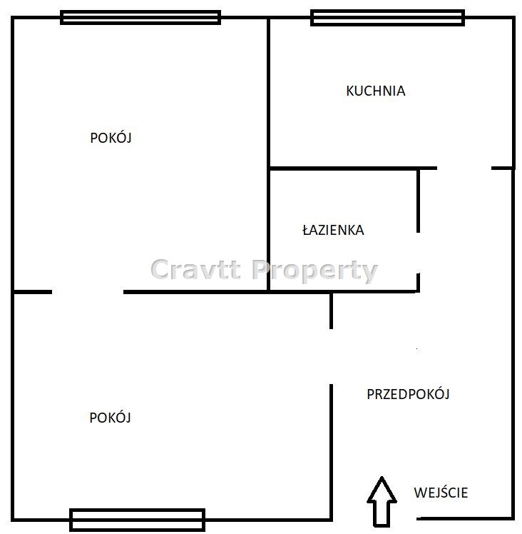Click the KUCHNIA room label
pos(376,91)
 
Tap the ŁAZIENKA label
pos(333,230)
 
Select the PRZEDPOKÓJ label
pos(408,394)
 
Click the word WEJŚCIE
pos(441,492)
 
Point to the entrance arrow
pos(382,501)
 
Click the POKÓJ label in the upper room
pos(111,138)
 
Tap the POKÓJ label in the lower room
pos(110,417)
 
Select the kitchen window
pos(388,18)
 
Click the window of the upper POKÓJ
pos(140,17)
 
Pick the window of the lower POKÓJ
pos(137,520)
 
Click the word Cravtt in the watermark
pos(196,269)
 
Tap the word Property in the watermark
pos(315,271)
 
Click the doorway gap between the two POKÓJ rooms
pos(88,292)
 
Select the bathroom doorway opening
pos(418,253)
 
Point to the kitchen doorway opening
pos(464,168)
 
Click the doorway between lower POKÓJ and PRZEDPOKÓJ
pos(331,356)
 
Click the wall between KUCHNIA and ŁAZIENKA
pos(344,168)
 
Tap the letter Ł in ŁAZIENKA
pos(306,230)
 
